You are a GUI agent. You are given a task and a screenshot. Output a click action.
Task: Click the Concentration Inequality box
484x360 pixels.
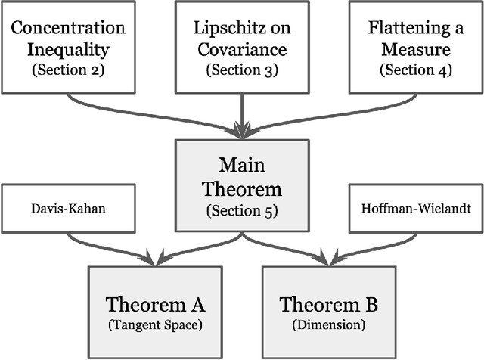click(69, 47)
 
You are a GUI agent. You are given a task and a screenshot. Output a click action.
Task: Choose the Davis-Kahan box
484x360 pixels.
click(69, 207)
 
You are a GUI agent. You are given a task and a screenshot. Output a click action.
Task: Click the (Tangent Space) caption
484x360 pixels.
click(154, 327)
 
